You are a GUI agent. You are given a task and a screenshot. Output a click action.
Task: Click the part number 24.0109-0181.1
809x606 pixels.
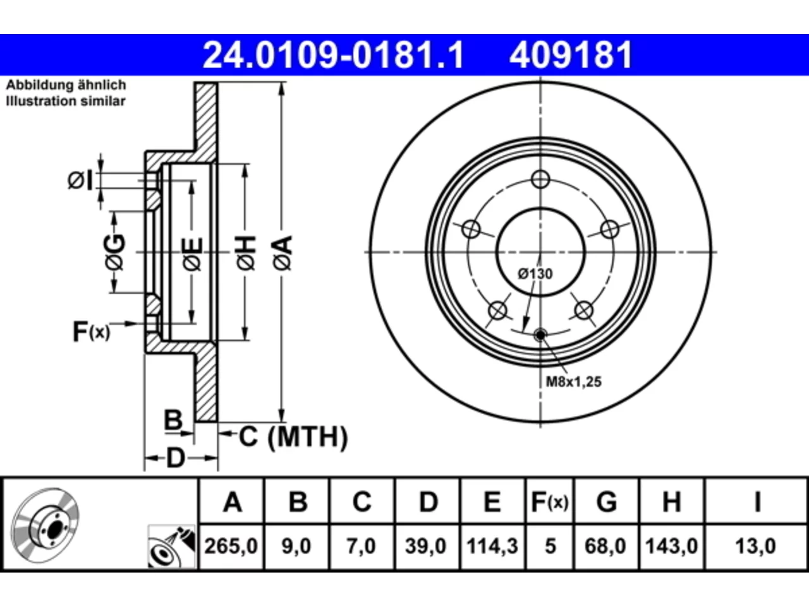[x=333, y=55]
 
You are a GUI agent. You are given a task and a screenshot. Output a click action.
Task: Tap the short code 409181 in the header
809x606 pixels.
[x=571, y=55]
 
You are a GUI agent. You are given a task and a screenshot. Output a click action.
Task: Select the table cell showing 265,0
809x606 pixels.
[x=231, y=546]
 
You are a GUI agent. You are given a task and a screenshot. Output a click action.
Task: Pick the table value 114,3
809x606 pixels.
[x=492, y=546]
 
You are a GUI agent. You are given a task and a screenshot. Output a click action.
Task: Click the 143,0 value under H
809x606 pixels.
[x=671, y=546]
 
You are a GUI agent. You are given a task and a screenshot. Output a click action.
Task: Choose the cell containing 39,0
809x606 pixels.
[x=426, y=546]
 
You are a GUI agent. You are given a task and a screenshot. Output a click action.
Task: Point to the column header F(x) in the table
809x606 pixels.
[x=550, y=501]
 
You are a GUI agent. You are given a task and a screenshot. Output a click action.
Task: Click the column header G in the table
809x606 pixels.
[x=607, y=501]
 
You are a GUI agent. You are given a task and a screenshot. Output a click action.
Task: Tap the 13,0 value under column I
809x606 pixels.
[x=755, y=546]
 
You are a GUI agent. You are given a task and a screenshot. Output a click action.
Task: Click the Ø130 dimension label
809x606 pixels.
[x=535, y=274]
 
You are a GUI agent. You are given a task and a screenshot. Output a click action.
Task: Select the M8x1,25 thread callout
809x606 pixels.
[x=573, y=382]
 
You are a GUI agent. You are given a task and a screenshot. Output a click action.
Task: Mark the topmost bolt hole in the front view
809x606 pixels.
[x=540, y=179]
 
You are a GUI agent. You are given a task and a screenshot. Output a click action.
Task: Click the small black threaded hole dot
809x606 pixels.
[x=540, y=335]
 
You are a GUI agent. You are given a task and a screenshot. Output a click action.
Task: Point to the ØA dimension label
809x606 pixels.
[x=283, y=253]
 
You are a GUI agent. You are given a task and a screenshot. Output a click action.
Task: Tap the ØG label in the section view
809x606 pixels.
[x=115, y=252]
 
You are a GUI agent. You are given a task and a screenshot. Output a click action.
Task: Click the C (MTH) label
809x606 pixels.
[x=294, y=437]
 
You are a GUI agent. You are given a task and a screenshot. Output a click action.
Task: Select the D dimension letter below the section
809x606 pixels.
[x=176, y=458]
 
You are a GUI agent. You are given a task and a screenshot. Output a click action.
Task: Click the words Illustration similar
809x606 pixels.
[x=66, y=101]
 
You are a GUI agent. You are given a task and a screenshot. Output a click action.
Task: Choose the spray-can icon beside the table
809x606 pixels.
[x=172, y=547]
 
